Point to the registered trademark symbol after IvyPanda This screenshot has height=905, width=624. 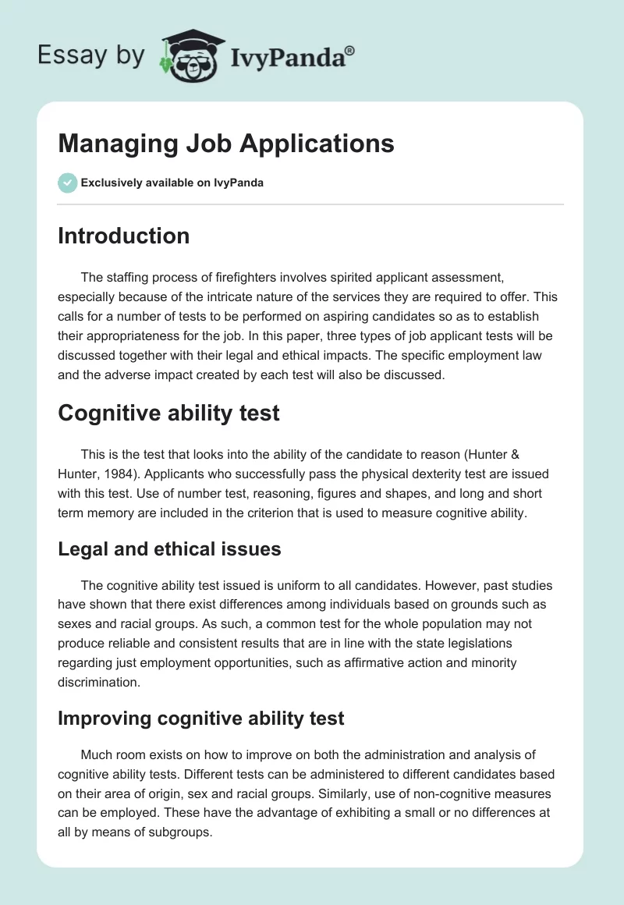point(350,50)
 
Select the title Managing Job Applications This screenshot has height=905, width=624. point(226,144)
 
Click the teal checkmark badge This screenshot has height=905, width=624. point(67,183)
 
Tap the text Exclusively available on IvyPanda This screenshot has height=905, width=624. point(172,183)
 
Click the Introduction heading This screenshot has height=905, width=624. point(123,236)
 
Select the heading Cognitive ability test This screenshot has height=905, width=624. point(168,413)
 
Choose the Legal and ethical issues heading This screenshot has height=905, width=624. point(169,548)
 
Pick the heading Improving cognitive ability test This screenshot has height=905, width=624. point(200,718)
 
